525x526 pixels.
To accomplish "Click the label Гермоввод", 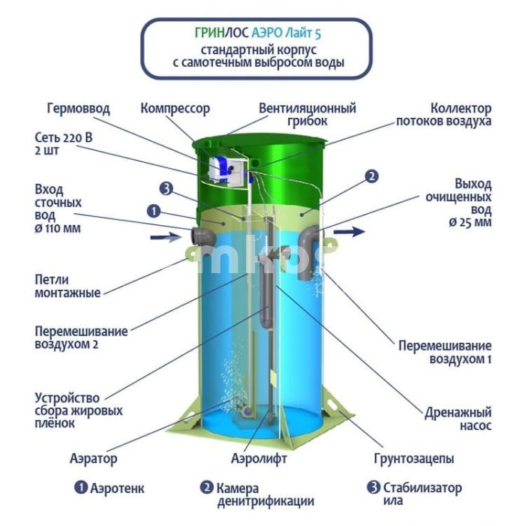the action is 78,109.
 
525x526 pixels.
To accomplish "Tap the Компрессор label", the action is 175,109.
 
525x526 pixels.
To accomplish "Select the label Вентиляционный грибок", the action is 307,114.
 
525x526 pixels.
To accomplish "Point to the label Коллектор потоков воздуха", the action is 444,114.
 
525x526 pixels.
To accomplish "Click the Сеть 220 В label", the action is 63,137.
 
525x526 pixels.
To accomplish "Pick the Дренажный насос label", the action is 458,419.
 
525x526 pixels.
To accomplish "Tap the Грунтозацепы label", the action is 414,458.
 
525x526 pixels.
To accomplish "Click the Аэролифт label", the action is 259,458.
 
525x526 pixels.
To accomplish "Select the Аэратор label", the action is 94,458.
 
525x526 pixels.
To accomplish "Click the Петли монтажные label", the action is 67,286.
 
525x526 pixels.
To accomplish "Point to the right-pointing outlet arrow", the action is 349,231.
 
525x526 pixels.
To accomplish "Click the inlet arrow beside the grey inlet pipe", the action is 166,238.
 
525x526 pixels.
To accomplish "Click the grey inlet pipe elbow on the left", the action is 203,236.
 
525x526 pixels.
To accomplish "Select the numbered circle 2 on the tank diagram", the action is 371,177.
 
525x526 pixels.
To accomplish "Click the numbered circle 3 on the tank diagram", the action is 166,189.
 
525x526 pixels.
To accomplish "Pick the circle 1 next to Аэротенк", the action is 81,488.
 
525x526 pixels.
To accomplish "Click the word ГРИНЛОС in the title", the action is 222,33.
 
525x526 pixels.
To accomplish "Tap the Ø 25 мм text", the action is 470,222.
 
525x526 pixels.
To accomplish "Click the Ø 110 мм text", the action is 58,229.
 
